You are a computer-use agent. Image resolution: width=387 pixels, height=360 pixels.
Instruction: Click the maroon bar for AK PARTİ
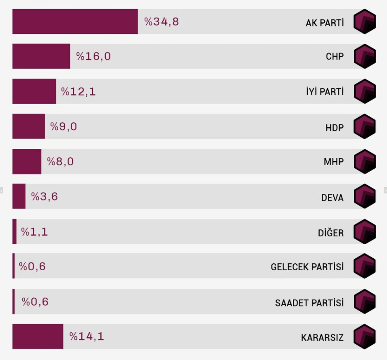(75, 21)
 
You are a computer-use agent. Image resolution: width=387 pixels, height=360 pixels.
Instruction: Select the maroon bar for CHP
(41, 56)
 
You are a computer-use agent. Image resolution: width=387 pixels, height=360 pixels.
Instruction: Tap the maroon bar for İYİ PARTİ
(34, 91)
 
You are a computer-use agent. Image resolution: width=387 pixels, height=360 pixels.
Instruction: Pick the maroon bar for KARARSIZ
(38, 336)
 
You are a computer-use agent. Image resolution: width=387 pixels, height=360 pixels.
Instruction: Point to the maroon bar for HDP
(28, 126)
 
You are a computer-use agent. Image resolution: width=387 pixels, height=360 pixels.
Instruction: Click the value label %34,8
(161, 21)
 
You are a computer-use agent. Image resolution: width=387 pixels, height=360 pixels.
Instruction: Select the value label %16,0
(93, 56)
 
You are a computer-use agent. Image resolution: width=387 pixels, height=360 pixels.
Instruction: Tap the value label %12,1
(78, 91)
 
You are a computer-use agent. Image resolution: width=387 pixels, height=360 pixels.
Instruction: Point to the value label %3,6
(44, 197)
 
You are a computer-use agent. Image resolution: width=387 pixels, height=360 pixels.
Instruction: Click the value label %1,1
(35, 232)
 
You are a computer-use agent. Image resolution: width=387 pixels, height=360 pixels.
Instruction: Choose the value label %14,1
(87, 336)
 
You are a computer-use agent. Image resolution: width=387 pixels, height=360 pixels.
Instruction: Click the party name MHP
(333, 162)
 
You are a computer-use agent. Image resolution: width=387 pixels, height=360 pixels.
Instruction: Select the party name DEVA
(332, 198)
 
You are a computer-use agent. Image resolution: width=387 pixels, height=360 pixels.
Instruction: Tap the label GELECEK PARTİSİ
(307, 267)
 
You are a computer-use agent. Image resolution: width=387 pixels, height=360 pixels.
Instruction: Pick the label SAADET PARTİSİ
(309, 303)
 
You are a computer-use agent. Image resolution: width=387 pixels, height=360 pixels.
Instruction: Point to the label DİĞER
(330, 233)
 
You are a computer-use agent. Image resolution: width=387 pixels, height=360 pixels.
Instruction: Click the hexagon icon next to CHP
(365, 56)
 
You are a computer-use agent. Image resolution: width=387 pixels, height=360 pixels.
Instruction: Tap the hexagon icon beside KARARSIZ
(365, 336)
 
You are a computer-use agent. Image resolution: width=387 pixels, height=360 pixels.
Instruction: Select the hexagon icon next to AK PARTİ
(365, 21)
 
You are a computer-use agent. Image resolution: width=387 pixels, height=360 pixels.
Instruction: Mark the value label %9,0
(64, 126)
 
